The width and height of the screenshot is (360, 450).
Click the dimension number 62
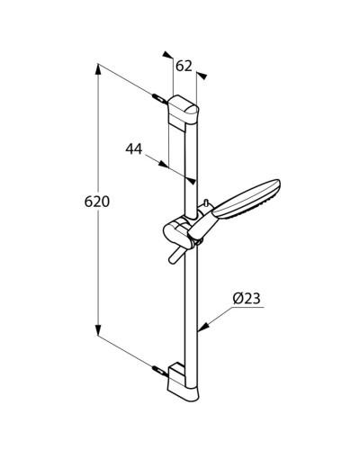tap(184, 65)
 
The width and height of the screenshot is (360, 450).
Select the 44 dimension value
tap(135, 148)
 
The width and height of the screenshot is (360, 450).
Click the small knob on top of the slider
tap(207, 203)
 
